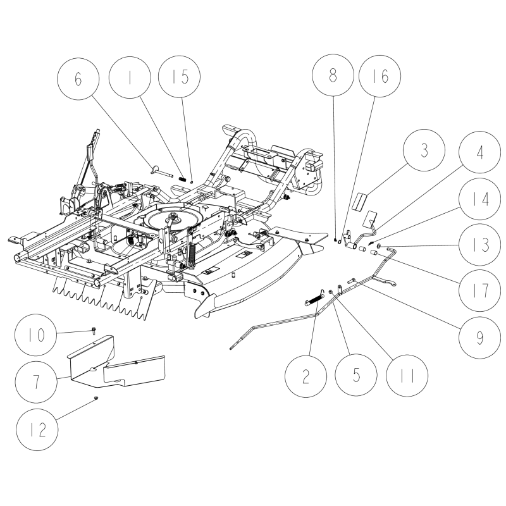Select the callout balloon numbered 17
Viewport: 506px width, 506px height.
[x=479, y=290]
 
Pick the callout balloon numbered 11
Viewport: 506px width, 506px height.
[x=407, y=377]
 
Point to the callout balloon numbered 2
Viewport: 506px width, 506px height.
[x=306, y=377]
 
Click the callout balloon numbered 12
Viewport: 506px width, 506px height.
[x=41, y=428]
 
